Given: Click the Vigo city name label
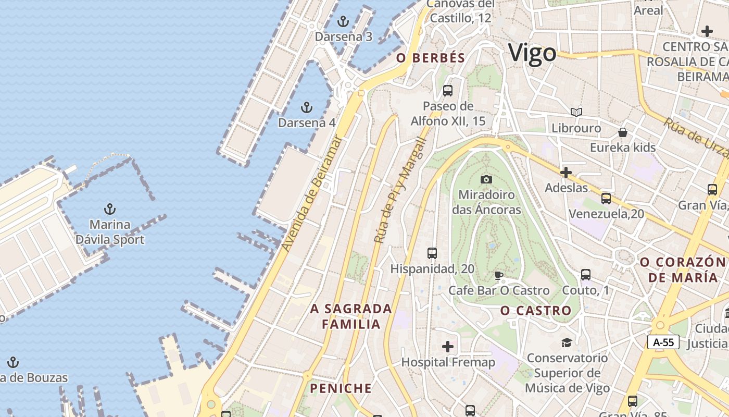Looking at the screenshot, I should pyautogui.click(x=532, y=53).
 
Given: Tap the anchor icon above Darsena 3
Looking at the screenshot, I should pyautogui.click(x=343, y=21).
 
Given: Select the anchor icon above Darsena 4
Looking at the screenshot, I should pyautogui.click(x=307, y=107).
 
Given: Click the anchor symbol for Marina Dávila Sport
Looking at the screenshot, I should pyautogui.click(x=109, y=209).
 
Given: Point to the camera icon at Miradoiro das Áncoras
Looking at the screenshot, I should pyautogui.click(x=486, y=180).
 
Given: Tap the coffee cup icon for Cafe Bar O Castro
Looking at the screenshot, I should pyautogui.click(x=498, y=275).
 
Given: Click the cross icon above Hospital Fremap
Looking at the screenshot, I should pyautogui.click(x=448, y=347).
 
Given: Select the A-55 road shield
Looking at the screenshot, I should pyautogui.click(x=663, y=342).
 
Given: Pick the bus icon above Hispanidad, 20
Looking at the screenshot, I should pyautogui.click(x=432, y=253).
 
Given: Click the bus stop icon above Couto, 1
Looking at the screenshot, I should pyautogui.click(x=586, y=275).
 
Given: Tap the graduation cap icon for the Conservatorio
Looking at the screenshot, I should pyautogui.click(x=567, y=342).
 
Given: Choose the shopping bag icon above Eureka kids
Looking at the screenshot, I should pyautogui.click(x=623, y=132).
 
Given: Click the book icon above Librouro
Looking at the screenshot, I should pyautogui.click(x=576, y=112).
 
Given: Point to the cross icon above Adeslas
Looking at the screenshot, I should pyautogui.click(x=566, y=173).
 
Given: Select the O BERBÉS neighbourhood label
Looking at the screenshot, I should pyautogui.click(x=431, y=58).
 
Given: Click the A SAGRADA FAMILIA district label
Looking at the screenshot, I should pyautogui.click(x=351, y=316).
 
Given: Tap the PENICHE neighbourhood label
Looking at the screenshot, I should pyautogui.click(x=341, y=388).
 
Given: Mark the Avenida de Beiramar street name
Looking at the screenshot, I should pyautogui.click(x=311, y=194).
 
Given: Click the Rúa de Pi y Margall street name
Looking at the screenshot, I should pyautogui.click(x=400, y=190).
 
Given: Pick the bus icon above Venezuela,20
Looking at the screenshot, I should pyautogui.click(x=606, y=199).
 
